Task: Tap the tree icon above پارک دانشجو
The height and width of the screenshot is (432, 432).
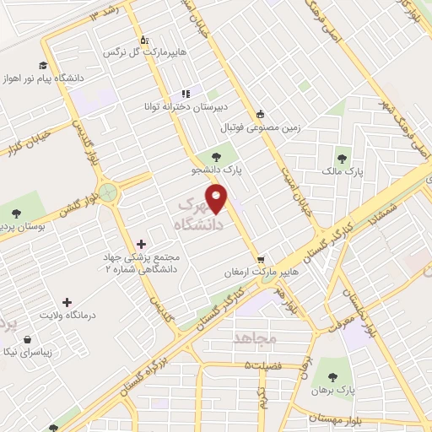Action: click(218, 155)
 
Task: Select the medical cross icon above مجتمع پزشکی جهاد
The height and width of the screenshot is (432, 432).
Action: click(152, 244)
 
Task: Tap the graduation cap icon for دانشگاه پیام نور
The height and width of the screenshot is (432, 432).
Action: click(41, 66)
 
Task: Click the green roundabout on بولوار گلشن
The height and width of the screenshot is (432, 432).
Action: click(107, 192)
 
